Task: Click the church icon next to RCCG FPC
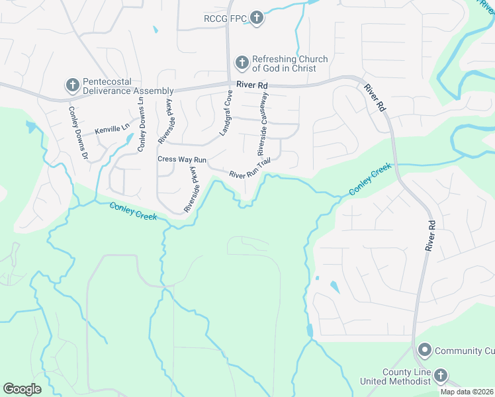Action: point(257,19)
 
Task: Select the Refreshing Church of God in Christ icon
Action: point(242,64)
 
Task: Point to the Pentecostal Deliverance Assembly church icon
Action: point(72,85)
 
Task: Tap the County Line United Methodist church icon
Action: point(439,377)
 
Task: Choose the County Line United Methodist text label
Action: point(395,377)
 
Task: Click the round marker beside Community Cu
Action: point(424,349)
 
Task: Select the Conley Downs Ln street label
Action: point(141,124)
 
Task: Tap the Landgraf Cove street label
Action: point(227,114)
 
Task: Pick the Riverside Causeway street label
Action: point(262,124)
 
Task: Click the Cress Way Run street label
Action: point(182,159)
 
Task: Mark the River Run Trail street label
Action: point(250,171)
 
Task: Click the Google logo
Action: point(22,389)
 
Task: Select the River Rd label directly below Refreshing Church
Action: point(252,85)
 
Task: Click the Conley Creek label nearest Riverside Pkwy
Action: point(134,212)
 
